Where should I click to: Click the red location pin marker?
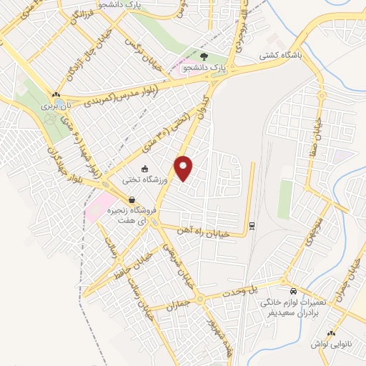pyautogui.click(x=184, y=168)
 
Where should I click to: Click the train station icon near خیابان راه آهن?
pyautogui.click(x=252, y=227)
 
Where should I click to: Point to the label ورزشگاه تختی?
pyautogui.click(x=145, y=181)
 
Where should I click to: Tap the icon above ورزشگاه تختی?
pyautogui.click(x=145, y=169)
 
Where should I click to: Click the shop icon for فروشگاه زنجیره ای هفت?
pyautogui.click(x=131, y=200)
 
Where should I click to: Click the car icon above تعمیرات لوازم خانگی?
pyautogui.click(x=294, y=292)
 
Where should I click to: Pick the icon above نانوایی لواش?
pyautogui.click(x=331, y=333)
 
